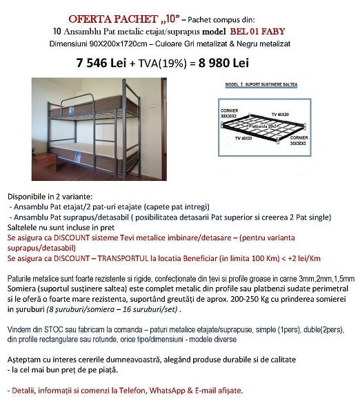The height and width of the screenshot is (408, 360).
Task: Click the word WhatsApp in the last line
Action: (154, 390)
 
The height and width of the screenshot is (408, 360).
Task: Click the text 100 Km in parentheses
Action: (255, 258)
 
